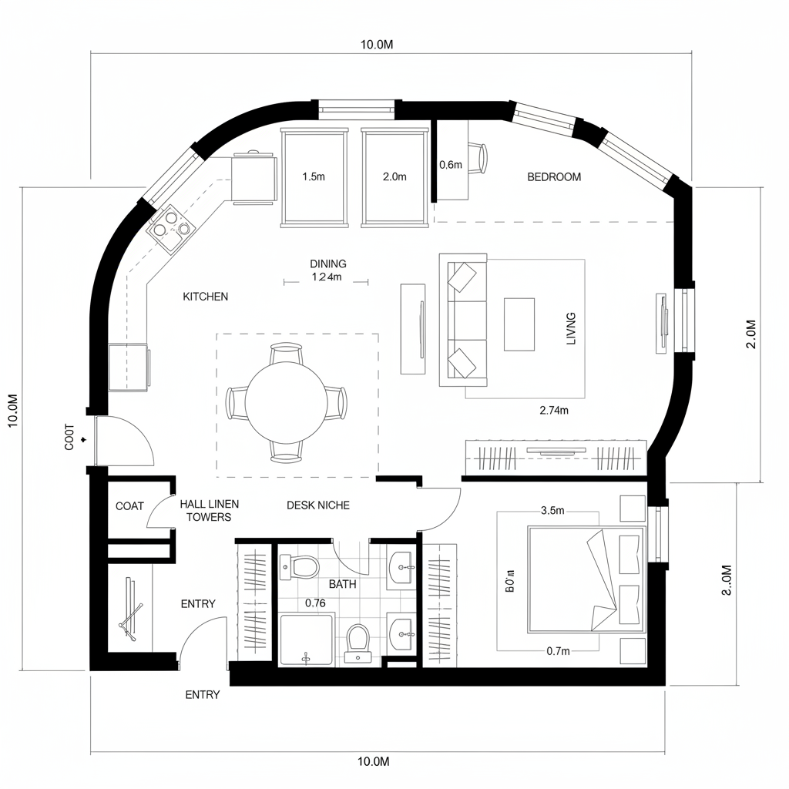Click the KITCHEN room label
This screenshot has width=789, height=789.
click(x=205, y=297)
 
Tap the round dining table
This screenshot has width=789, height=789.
click(x=286, y=404)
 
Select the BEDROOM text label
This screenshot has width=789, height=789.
click(x=554, y=176)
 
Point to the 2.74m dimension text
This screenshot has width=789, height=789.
click(x=554, y=411)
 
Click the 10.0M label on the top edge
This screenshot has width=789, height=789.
click(x=377, y=44)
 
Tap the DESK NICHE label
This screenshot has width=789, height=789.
click(x=317, y=505)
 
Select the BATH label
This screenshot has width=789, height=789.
click(x=342, y=584)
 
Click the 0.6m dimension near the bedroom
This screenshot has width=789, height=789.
click(x=450, y=165)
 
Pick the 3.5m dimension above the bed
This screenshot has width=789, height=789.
click(x=553, y=510)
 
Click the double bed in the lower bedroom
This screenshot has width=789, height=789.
click(x=586, y=579)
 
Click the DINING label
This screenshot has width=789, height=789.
click(x=327, y=264)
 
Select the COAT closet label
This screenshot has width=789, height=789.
click(x=129, y=506)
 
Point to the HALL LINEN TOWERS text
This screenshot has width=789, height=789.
click(x=209, y=510)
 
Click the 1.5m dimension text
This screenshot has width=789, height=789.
click(x=314, y=176)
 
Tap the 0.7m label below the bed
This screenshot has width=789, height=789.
click(x=557, y=651)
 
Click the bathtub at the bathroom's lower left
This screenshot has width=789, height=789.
click(x=306, y=640)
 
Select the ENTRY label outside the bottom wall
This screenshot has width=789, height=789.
click(x=203, y=694)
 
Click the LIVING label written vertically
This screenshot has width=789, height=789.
click(x=571, y=327)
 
